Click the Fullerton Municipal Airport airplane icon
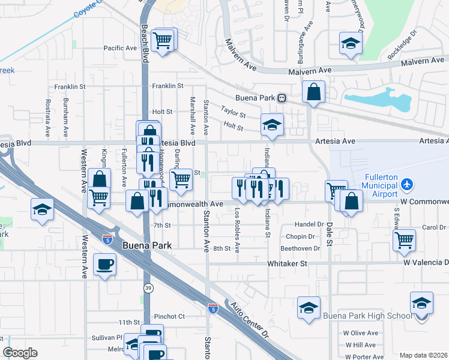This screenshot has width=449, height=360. click(x=407, y=183)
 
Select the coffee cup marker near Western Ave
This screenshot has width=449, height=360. click(x=105, y=264)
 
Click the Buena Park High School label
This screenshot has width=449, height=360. click(x=367, y=316)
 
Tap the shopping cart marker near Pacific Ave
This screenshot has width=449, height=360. click(x=163, y=41)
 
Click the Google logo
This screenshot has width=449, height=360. click(x=20, y=353)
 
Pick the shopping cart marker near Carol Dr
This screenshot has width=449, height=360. click(x=404, y=240)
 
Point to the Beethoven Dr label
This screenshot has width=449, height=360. click(x=300, y=248)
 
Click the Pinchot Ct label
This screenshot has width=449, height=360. click(x=169, y=316)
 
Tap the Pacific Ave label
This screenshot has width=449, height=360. click(x=120, y=48)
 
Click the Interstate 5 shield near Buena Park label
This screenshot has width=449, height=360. click(x=107, y=222)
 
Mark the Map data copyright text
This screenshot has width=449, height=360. click(x=423, y=355)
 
